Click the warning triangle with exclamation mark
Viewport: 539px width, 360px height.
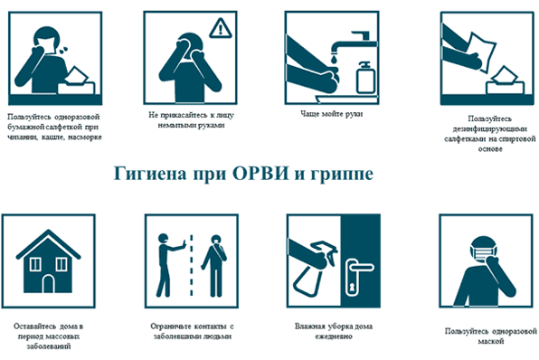click(221, 28)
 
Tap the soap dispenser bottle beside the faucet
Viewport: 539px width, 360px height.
click(365, 78)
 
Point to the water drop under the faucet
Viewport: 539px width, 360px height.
click(334, 60)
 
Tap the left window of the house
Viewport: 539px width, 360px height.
click(35, 264)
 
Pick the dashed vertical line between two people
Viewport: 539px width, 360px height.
click(192, 265)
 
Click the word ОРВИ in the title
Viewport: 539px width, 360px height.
click(260, 173)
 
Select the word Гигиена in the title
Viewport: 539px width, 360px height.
click(150, 173)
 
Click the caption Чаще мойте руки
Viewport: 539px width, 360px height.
click(331, 114)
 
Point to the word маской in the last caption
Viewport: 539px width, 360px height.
click(491, 341)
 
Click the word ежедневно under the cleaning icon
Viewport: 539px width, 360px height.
click(334, 336)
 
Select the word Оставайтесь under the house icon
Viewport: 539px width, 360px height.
click(35, 326)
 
